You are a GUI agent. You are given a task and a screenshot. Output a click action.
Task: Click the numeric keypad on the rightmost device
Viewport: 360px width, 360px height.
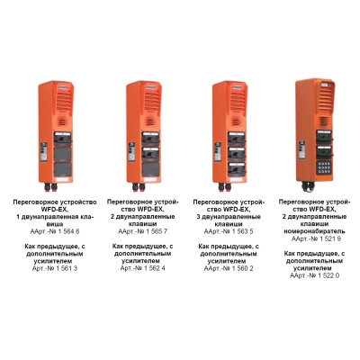(324, 167)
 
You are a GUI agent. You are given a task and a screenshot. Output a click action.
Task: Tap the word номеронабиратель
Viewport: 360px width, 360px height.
(314, 231)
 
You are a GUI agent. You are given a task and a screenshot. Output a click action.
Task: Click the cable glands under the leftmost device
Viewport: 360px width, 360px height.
(50, 187)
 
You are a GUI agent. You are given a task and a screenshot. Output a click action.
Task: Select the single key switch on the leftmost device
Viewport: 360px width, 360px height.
(62, 139)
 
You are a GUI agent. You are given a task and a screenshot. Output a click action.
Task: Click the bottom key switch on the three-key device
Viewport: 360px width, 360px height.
(237, 169)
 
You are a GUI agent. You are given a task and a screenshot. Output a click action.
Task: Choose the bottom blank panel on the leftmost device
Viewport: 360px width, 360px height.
(62, 169)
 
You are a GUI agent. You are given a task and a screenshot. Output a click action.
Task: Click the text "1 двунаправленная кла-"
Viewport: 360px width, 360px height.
(55, 217)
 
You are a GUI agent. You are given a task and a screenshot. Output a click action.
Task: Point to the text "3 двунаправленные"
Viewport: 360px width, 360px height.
(229, 217)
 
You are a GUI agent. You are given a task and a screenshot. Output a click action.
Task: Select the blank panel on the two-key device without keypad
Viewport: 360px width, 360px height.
(150, 169)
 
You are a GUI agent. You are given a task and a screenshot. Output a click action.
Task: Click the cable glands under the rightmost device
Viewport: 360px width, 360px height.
(308, 187)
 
